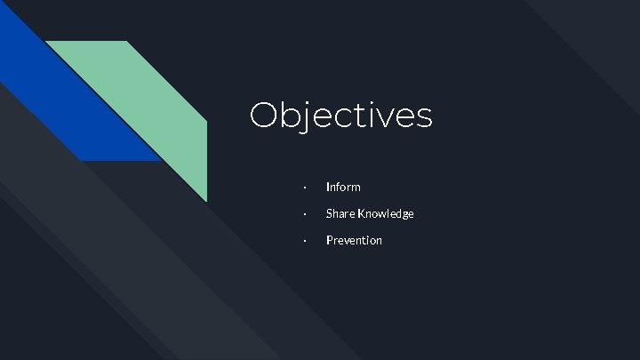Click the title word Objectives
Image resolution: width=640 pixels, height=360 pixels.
(340, 116)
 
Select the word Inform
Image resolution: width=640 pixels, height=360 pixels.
(343, 187)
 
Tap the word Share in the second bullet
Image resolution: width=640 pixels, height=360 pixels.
(340, 213)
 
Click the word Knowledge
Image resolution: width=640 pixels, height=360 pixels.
(386, 213)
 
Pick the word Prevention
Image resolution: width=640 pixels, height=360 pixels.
(354, 240)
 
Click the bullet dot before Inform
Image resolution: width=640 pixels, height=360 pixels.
(304, 188)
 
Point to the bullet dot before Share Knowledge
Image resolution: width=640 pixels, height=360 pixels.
(304, 214)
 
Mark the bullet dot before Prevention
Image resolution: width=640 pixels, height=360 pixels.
(304, 241)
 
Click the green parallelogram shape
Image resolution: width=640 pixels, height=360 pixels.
(142, 107)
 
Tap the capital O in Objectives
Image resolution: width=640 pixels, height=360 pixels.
(265, 116)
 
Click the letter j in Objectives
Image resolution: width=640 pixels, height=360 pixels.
(308, 117)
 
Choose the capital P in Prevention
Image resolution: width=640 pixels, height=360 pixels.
(330, 240)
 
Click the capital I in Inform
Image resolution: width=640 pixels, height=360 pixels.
(328, 187)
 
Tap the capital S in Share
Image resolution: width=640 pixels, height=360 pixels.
(330, 213)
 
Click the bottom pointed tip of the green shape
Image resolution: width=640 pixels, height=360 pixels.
(206, 200)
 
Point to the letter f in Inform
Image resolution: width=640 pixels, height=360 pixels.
(340, 187)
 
